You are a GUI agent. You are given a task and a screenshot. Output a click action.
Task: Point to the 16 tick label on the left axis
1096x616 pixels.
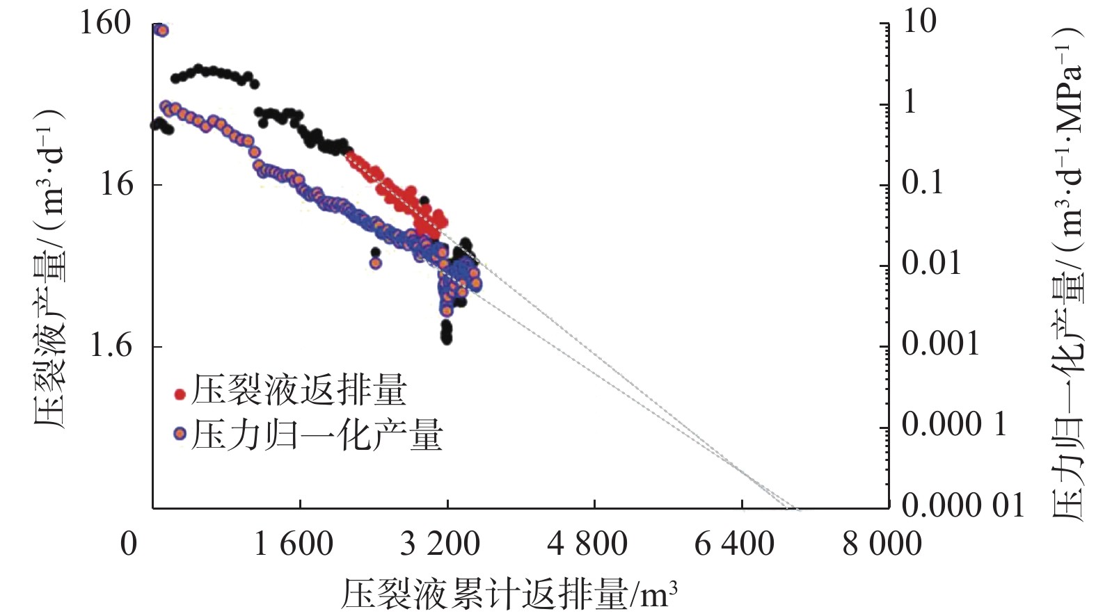click(x=116, y=185)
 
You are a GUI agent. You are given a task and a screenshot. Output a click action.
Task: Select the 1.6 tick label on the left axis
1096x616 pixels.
click(x=111, y=346)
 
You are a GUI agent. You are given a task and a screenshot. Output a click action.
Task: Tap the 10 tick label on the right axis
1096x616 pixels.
click(x=919, y=22)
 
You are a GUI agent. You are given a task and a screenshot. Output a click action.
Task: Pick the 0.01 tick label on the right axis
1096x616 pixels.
click(x=931, y=264)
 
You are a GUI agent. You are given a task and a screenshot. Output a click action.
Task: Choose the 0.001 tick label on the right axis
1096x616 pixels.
click(x=940, y=344)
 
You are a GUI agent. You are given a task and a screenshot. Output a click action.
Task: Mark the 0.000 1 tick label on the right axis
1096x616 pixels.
click(x=954, y=424)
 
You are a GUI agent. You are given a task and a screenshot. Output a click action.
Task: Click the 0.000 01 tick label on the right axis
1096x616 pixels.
click(x=963, y=505)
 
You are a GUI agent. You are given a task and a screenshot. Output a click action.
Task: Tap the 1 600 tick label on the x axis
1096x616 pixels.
click(x=293, y=544)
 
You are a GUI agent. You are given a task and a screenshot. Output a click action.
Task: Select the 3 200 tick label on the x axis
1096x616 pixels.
click(x=440, y=544)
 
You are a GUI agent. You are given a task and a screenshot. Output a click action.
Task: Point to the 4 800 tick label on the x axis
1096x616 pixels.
click(x=587, y=544)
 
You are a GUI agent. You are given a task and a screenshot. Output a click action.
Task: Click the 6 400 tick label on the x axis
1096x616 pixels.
click(x=734, y=544)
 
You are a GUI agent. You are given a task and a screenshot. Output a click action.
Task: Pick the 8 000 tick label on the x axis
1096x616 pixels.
click(x=882, y=544)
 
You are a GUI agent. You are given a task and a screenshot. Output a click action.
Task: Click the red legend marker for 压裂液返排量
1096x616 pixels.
click(x=180, y=394)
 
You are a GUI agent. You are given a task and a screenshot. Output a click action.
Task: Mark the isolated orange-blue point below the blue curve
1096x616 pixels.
click(x=376, y=263)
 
